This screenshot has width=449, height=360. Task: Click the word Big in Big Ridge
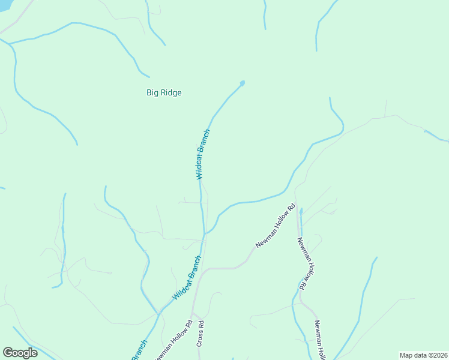152,92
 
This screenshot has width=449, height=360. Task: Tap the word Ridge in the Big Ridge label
170,92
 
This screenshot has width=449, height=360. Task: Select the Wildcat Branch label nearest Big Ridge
202,154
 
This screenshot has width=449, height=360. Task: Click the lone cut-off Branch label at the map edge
139,351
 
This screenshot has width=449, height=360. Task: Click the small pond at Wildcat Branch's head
243,83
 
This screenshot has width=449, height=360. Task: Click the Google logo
20,353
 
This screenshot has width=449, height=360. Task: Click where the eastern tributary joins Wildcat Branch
205,233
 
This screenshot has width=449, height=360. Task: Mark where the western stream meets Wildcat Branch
158,313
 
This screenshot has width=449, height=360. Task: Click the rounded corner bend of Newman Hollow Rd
205,271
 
